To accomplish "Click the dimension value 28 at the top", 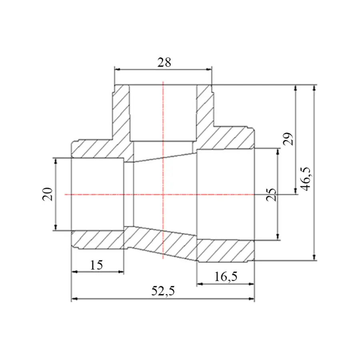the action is pyautogui.click(x=164, y=62).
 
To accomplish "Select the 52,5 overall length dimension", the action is pyautogui.click(x=163, y=291).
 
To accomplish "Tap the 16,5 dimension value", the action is pyautogui.click(x=226, y=276).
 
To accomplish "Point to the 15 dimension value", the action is pyautogui.click(x=96, y=265).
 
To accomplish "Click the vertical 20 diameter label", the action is pyautogui.click(x=48, y=194).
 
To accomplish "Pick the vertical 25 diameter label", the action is pyautogui.click(x=271, y=195).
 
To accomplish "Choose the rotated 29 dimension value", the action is pyautogui.click(x=288, y=139).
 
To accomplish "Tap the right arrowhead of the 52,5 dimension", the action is pyautogui.click(x=252, y=299).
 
